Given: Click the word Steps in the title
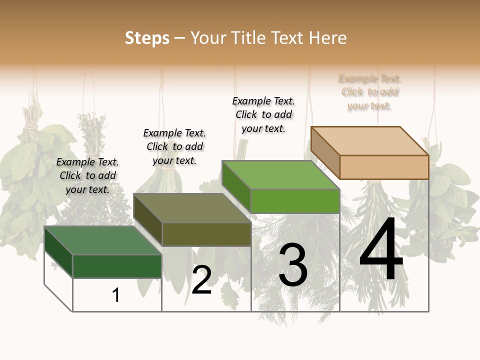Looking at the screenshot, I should [x=147, y=38].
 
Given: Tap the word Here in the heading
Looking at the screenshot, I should [x=327, y=38].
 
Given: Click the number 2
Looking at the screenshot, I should [x=201, y=280].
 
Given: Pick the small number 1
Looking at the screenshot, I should [x=116, y=295].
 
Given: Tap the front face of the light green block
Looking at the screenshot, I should [x=295, y=201].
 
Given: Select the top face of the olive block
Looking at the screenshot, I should [x=192, y=208].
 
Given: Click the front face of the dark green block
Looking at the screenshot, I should [x=117, y=266].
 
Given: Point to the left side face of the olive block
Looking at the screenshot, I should [x=148, y=219].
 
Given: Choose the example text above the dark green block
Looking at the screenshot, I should [x=87, y=175].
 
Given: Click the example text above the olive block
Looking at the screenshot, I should [x=174, y=146].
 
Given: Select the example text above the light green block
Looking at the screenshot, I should [x=263, y=114].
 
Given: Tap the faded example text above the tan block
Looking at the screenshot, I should [x=370, y=92].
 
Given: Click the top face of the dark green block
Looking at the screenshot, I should [x=103, y=240].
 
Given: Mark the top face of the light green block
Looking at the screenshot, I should [x=281, y=175].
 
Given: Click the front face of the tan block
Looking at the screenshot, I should [x=384, y=167].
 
